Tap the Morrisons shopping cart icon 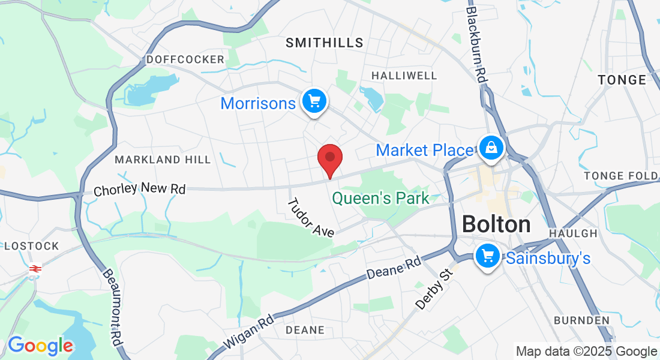[314, 101]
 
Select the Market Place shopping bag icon [491, 148]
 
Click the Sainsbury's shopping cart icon [487, 257]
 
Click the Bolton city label [496, 224]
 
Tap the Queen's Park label [380, 198]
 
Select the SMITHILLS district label [325, 43]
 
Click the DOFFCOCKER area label [185, 59]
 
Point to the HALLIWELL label [404, 76]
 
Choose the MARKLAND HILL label [163, 160]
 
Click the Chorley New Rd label [140, 189]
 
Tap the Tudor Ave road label [310, 218]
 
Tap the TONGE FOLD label [620, 176]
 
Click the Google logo [40, 346]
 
